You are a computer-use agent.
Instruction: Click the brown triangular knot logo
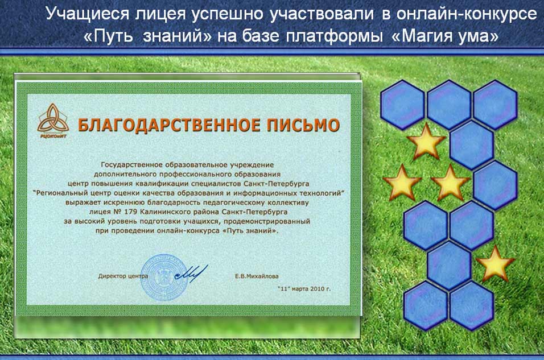click(x=53, y=119)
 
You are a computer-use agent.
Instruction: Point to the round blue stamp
click(x=164, y=277)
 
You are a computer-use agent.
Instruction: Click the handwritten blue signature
click(x=191, y=272)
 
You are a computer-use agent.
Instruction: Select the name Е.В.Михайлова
click(x=257, y=276)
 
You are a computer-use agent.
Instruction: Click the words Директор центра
click(x=123, y=276)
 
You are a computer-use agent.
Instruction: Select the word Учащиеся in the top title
click(x=88, y=14)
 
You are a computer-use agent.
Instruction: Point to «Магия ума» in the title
click(x=445, y=36)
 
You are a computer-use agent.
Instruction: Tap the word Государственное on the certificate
click(x=130, y=165)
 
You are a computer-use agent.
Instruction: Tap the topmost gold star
click(x=426, y=141)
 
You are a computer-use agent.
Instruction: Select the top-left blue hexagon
click(x=402, y=105)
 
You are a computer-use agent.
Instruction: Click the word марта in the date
click(x=300, y=288)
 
